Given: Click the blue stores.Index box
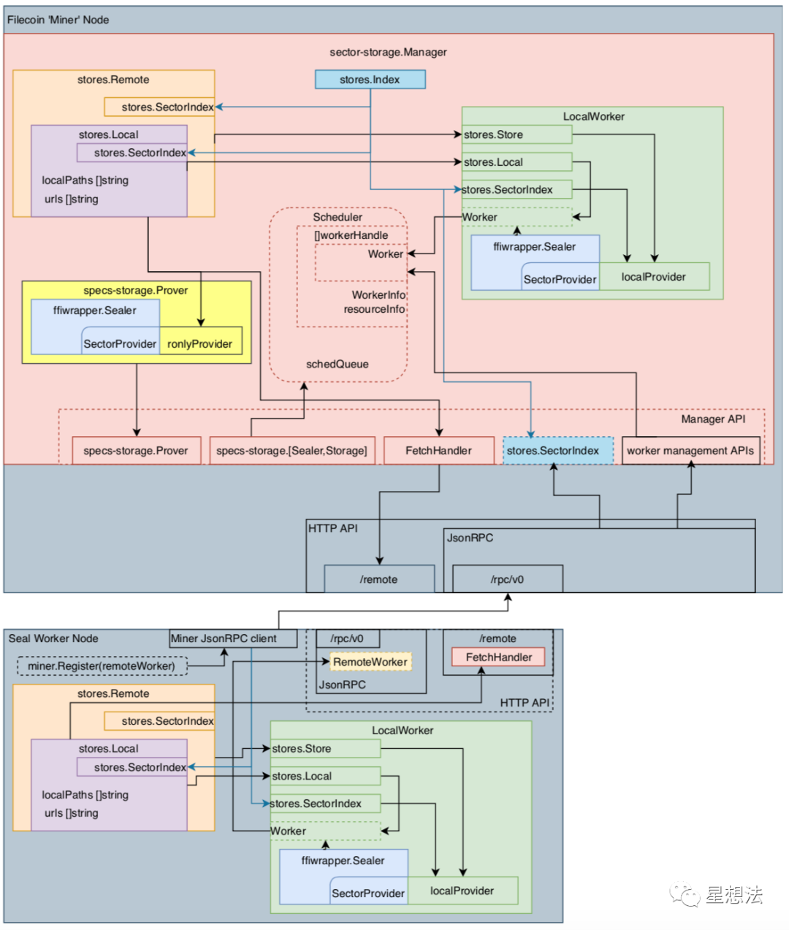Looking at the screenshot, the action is pyautogui.click(x=370, y=79).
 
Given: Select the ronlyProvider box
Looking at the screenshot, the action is pyautogui.click(x=201, y=340).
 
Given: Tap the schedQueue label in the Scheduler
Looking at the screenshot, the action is pyautogui.click(x=338, y=364).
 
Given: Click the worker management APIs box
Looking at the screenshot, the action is pyautogui.click(x=691, y=450).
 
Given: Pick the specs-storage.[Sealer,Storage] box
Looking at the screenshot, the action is pyautogui.click(x=292, y=450).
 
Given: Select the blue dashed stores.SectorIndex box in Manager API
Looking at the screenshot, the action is pyautogui.click(x=558, y=450).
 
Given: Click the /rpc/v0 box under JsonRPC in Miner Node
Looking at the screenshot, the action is pyautogui.click(x=508, y=579).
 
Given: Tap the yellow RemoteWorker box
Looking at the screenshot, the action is pyautogui.click(x=370, y=662).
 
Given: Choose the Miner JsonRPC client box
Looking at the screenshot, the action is pyautogui.click(x=233, y=639).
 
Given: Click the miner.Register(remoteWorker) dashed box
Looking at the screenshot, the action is pyautogui.click(x=102, y=666).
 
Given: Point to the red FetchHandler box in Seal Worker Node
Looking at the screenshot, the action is pyautogui.click(x=498, y=657).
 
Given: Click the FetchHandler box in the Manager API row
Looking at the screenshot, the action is pyautogui.click(x=439, y=450).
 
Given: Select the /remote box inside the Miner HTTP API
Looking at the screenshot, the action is pyautogui.click(x=379, y=579).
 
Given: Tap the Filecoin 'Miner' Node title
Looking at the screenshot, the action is pyautogui.click(x=58, y=20).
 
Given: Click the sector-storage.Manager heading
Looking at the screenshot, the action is pyautogui.click(x=388, y=52).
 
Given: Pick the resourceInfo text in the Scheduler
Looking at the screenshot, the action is pyautogui.click(x=374, y=309).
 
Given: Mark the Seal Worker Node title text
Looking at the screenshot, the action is pyautogui.click(x=53, y=639).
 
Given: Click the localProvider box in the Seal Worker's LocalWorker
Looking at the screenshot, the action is pyautogui.click(x=463, y=891).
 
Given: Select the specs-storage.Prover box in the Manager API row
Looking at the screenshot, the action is pyautogui.click(x=137, y=450).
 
